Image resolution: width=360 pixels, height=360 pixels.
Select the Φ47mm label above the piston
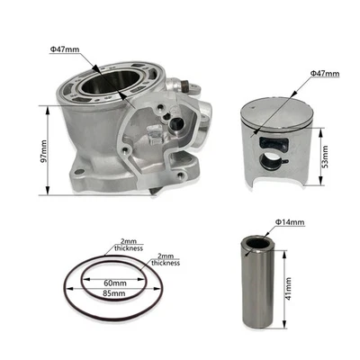(x=324, y=71)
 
